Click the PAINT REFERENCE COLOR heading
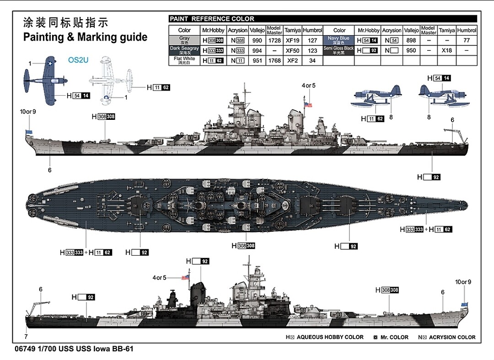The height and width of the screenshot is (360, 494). pos(212,19)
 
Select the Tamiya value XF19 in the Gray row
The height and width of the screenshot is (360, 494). pos(292,40)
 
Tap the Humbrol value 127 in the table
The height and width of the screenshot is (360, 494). pos(312,40)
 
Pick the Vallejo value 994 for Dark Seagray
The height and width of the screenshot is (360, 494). pos(257,50)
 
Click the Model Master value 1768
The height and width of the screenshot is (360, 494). pos(274,60)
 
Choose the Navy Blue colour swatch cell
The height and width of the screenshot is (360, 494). pos(338,40)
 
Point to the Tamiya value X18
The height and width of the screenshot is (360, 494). pos(447,50)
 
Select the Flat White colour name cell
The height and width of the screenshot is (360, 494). pos(184,60)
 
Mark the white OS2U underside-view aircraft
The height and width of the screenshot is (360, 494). pos(110,79)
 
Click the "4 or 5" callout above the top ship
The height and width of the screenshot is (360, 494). pos(309,86)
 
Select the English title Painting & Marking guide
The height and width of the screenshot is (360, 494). pos(85,37)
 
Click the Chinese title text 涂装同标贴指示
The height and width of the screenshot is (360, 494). pos(65,23)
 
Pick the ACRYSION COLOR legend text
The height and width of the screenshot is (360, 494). pos(451,337)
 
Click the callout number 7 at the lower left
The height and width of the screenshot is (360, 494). pos(26,337)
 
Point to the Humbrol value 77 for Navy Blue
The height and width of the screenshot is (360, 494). pos(467,40)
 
